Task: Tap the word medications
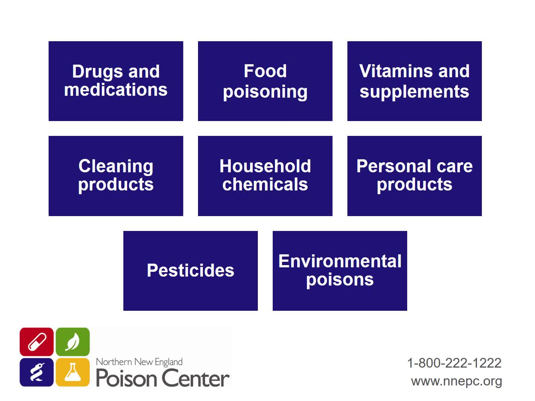pos(116,89)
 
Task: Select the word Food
pos(265,71)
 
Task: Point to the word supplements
pos(414,92)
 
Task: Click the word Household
pos(265,166)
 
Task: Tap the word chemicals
pos(265,184)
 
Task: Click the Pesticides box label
pos(190,270)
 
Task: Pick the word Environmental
pos(340,261)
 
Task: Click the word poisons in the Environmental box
pos(340,280)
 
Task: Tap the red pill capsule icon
pos(36,342)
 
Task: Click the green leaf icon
pos(72,342)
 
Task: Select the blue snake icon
pos(36,372)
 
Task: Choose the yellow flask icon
pos(72,372)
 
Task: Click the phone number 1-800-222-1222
pos(454,363)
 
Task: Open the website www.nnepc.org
pos(456,382)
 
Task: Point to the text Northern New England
pos(139,362)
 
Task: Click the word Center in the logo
pos(195,378)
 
